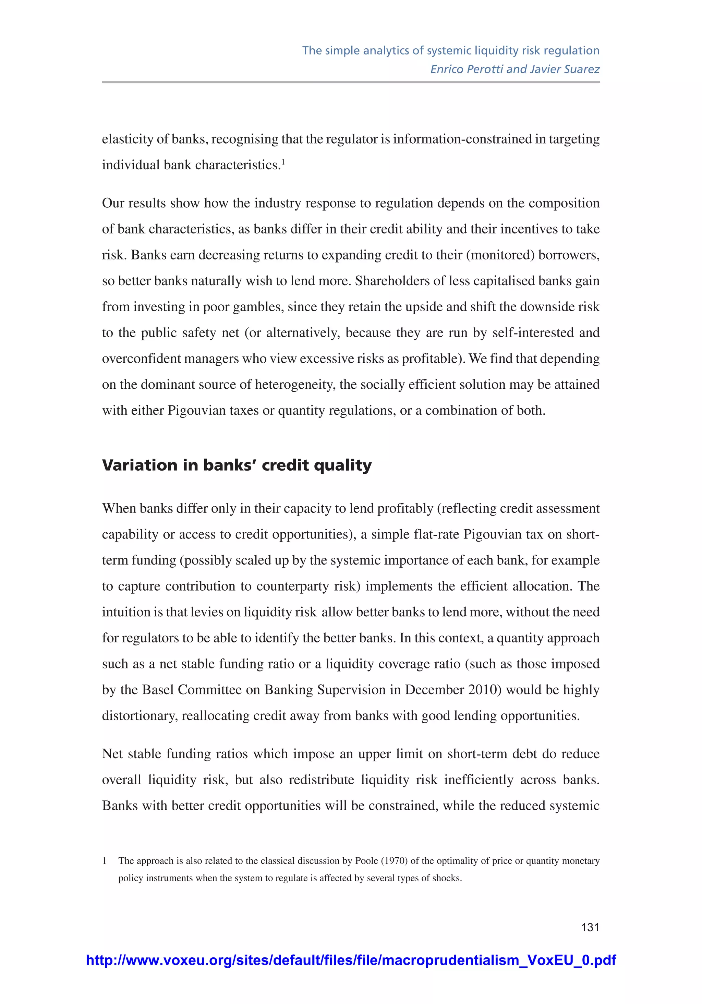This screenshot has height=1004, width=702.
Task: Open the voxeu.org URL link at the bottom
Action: click(351, 960)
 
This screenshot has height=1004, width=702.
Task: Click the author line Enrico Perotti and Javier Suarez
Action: click(515, 69)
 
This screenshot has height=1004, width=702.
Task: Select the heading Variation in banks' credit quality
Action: click(237, 465)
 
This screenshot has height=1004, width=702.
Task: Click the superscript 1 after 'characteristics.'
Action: click(283, 162)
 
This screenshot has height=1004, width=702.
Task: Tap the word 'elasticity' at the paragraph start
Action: click(127, 139)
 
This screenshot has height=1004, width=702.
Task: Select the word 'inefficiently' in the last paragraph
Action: click(479, 780)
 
